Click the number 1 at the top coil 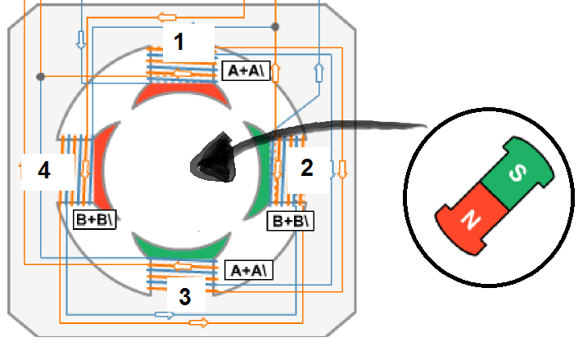click(x=179, y=42)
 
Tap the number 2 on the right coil click(x=307, y=168)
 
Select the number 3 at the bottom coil click(x=185, y=297)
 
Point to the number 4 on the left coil click(x=44, y=170)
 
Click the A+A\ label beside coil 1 click(x=246, y=70)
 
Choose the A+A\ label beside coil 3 click(x=249, y=270)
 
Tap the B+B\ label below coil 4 click(x=94, y=219)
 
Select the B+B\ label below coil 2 click(x=291, y=221)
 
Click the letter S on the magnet click(x=517, y=173)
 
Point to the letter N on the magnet click(x=471, y=219)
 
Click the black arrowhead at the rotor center click(x=213, y=158)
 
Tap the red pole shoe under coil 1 click(x=182, y=93)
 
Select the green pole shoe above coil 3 click(x=182, y=246)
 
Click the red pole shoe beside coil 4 click(x=102, y=168)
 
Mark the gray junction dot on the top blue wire click(x=275, y=27)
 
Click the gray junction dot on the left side click(x=40, y=77)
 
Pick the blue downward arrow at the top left click(x=81, y=40)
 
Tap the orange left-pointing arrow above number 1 click(x=166, y=17)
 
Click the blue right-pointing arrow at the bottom click(x=165, y=315)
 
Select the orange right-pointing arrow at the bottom click(x=198, y=322)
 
